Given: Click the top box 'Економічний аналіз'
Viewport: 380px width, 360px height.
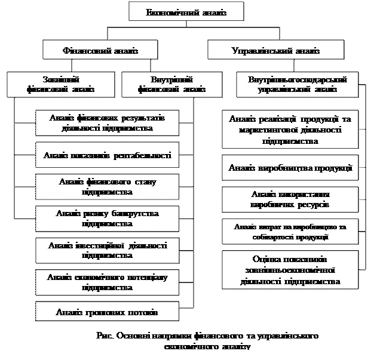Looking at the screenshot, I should [x=186, y=13].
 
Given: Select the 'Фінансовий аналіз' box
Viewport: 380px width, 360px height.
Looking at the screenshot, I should [x=100, y=51].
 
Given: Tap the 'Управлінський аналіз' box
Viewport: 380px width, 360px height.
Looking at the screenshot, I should [x=275, y=51].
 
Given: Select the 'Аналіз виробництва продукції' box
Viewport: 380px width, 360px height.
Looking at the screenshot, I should [x=290, y=168].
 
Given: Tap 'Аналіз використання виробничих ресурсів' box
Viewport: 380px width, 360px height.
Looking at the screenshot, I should [x=290, y=199].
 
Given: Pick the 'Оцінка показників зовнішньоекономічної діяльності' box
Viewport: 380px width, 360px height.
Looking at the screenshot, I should [x=290, y=270].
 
